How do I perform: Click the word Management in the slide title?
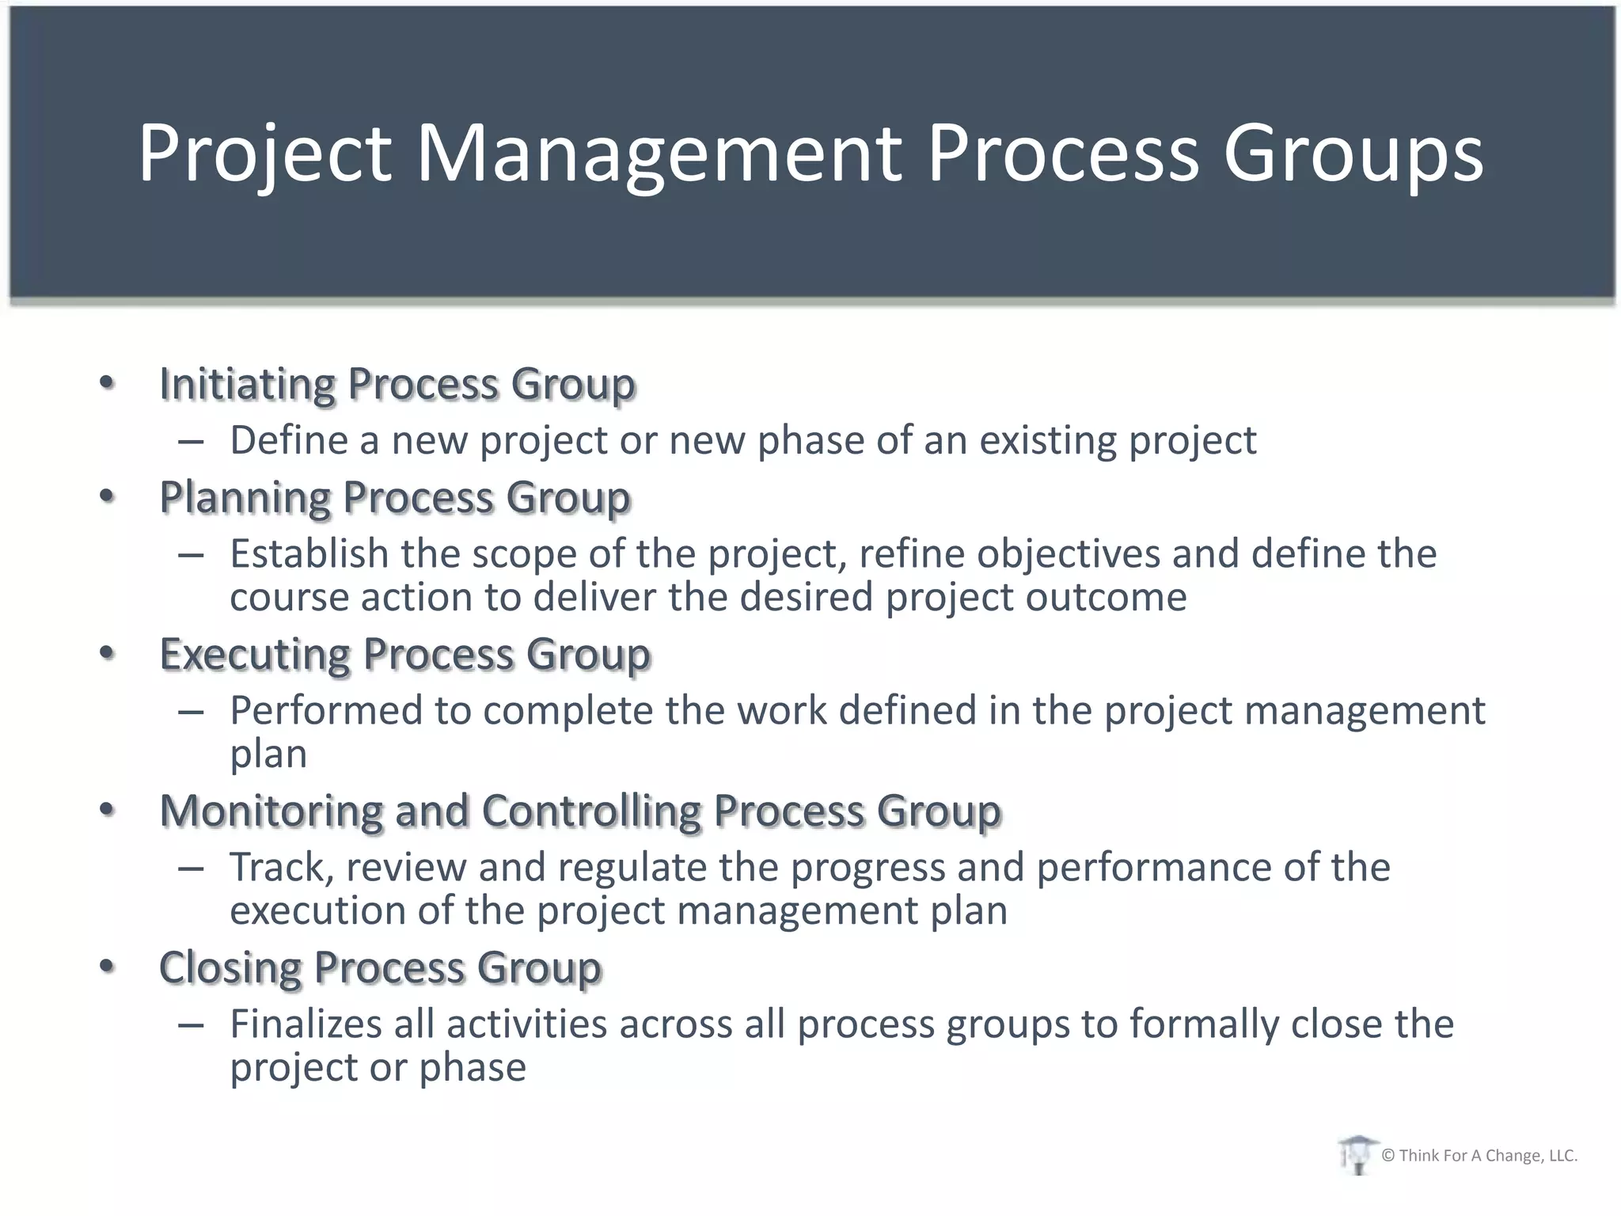point(659,152)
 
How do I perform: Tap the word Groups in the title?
point(1353,152)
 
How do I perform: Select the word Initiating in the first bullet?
point(248,385)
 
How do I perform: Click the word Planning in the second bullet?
point(245,498)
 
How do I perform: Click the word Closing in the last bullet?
point(230,968)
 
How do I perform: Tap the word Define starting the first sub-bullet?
point(289,440)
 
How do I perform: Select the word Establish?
point(309,553)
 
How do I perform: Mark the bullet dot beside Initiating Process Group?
point(108,384)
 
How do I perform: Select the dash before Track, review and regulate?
point(192,868)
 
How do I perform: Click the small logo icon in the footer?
point(1357,1155)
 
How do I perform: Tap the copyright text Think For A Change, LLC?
point(1479,1156)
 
